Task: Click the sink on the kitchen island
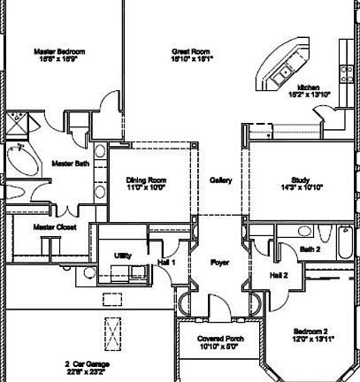click(285, 72)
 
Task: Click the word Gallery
click(220, 181)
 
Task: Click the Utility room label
click(123, 256)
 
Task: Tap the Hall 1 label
click(167, 263)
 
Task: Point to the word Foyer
click(219, 263)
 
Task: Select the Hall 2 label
click(279, 275)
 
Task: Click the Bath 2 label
click(310, 250)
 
